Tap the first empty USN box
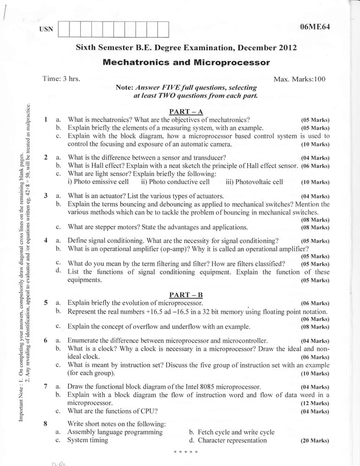pos(64,29)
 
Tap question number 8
pos(45,423)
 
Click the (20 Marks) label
pos(311,441)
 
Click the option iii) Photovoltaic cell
pos(254,182)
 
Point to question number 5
pos(45,302)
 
